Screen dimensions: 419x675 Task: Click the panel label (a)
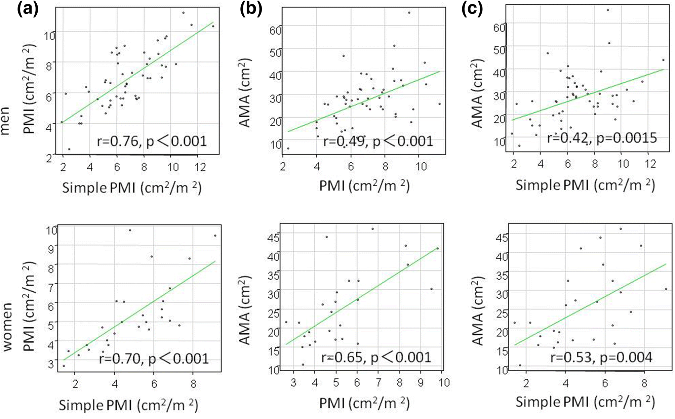coord(28,9)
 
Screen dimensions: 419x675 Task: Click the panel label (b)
coord(250,9)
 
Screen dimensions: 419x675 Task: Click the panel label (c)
coord(472,9)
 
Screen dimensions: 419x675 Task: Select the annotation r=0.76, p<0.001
coord(152,141)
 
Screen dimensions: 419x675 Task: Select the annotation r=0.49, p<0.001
coord(378,141)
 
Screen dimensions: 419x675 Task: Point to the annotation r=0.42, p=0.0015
coord(602,138)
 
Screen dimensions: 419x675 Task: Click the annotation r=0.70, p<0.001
coord(154,359)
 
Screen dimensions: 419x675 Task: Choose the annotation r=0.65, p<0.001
coord(376,357)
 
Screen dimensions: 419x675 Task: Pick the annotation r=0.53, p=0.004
coord(601,357)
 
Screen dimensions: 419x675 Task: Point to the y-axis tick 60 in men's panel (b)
coord(275,31)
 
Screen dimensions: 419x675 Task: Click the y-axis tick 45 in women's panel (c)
coord(502,238)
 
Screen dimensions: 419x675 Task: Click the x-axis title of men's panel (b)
coord(364,186)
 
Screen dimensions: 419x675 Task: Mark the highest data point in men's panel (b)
coord(409,13)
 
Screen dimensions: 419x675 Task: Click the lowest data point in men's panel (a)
coord(69,149)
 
